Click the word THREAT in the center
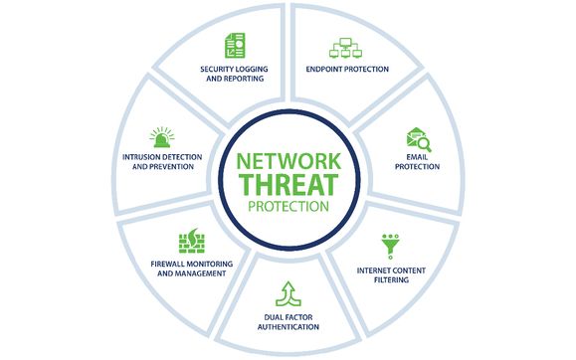pos(288,185)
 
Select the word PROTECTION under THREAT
pos(288,207)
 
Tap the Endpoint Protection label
pos(346,70)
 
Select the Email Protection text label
pos(418,164)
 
